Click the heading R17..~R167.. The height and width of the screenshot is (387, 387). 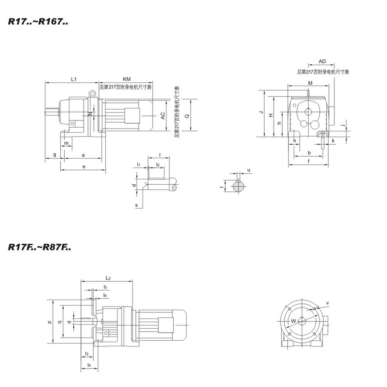point(38,22)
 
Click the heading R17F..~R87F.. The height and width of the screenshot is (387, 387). point(40,247)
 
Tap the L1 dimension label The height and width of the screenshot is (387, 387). point(74,79)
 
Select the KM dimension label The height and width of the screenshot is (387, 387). point(126,79)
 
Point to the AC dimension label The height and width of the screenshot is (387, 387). point(163,116)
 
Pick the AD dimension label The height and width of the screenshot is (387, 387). point(322,61)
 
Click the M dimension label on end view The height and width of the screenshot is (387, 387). point(310,83)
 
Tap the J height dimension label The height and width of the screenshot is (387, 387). point(261,112)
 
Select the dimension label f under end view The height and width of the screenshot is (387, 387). point(309,161)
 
